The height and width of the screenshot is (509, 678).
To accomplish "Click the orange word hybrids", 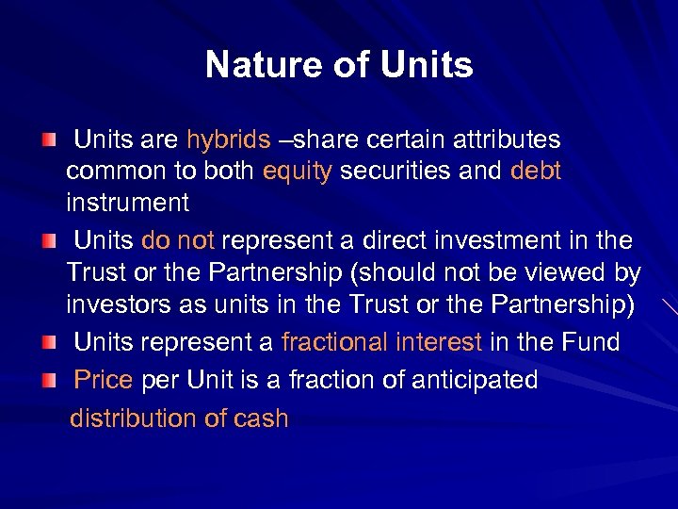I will (x=228, y=140).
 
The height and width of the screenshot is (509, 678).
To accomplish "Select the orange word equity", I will (x=298, y=171).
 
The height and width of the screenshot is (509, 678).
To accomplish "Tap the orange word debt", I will (x=535, y=171).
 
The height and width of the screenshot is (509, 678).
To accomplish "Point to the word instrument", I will (x=127, y=202).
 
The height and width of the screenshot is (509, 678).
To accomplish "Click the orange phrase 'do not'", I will (x=177, y=240).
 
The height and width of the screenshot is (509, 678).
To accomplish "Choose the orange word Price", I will (x=104, y=380).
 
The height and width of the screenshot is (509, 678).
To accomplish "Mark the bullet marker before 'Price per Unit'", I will (x=49, y=381).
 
